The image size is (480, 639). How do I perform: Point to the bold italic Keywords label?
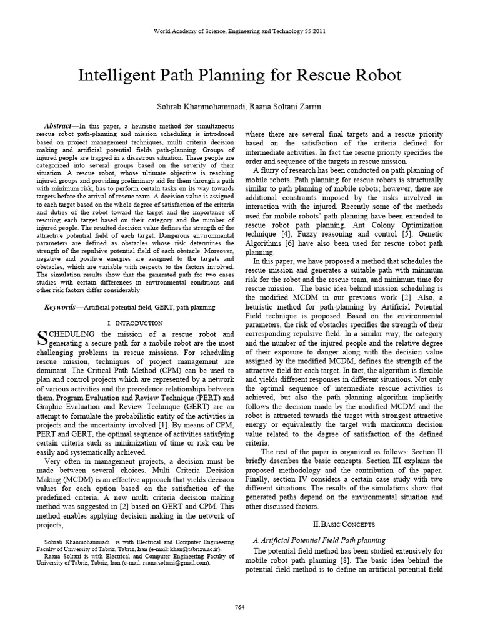click(63, 308)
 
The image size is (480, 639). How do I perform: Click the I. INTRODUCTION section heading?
click(136, 323)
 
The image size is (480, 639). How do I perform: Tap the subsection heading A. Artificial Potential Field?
click(319, 540)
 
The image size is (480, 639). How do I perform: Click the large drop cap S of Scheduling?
click(42, 338)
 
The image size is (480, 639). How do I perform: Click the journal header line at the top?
click(239, 31)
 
